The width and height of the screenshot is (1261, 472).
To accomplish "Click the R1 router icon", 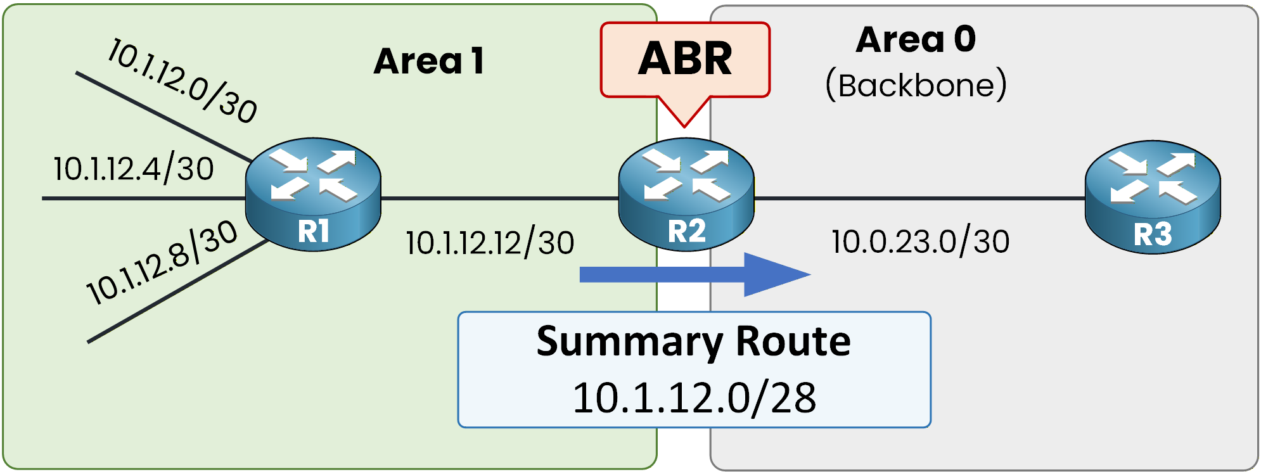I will pos(313,193).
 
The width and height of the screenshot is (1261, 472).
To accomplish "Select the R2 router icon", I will pos(686,193).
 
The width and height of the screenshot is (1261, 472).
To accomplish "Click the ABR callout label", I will pos(685,60).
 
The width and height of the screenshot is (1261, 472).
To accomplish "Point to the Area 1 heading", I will pos(429,61).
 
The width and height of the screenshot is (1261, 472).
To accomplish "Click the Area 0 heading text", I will pos(916,39).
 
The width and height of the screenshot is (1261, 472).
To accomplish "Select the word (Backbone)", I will pos(916,85).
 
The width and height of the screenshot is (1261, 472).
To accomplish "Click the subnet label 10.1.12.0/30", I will pos(182,80).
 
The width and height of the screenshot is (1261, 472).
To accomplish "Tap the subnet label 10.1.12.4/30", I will pos(134,169).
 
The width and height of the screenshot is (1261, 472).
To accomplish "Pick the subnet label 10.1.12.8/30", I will pos(162,262).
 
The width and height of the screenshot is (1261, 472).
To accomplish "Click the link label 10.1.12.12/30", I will pos(490,243).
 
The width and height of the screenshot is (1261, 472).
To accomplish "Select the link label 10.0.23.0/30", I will pos(920,241).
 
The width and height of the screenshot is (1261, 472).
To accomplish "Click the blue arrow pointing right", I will pos(695,274).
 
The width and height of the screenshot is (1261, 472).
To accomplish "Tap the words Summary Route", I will pos(693,341).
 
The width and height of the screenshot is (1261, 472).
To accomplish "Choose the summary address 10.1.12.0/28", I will pos(694,398).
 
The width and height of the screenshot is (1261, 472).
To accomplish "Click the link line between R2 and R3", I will pos(919,198).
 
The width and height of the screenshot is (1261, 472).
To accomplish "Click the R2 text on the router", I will pos(687,231).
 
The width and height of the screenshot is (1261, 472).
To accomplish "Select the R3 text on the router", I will pos(1153,234).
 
